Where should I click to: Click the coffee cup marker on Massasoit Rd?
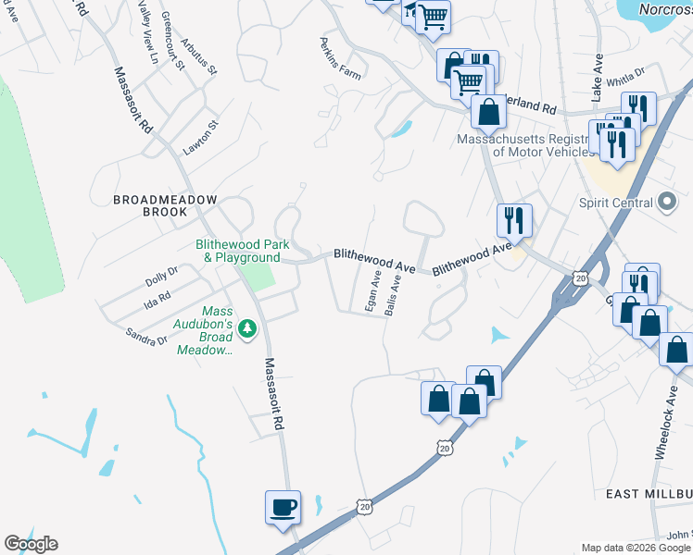[x=283, y=508]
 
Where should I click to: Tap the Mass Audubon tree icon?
[x=247, y=327]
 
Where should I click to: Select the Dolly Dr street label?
[x=161, y=277]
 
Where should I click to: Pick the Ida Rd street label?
[x=158, y=298]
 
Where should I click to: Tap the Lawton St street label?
[x=199, y=137]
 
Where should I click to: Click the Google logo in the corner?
[x=31, y=544]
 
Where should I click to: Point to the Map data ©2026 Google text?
[x=636, y=548]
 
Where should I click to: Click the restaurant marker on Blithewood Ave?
[x=514, y=220]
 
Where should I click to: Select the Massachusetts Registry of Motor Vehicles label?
[x=524, y=145]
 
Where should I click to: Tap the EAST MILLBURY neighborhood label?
[x=649, y=495]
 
